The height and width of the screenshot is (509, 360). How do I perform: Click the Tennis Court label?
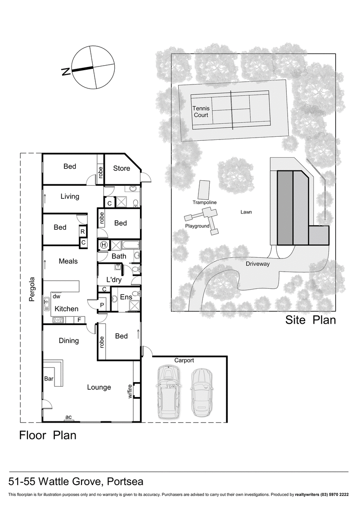pyautogui.click(x=201, y=112)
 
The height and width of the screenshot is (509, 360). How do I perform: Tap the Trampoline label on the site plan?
pyautogui.click(x=205, y=202)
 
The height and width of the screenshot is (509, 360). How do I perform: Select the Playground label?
pyautogui.click(x=197, y=226)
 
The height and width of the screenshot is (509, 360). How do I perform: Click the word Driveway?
pyautogui.click(x=257, y=264)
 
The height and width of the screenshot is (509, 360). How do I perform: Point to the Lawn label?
pyautogui.click(x=246, y=211)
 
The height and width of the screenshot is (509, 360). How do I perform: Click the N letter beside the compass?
pyautogui.click(x=66, y=71)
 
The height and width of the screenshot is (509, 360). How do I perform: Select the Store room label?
pyautogui.click(x=121, y=169)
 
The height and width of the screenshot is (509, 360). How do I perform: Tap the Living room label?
pyautogui.click(x=69, y=196)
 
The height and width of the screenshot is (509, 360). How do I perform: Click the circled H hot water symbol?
pyautogui.click(x=104, y=245)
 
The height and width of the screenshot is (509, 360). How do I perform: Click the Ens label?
pyautogui.click(x=126, y=297)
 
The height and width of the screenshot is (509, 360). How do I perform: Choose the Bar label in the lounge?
pyautogui.click(x=49, y=379)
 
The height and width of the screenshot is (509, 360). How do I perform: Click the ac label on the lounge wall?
pyautogui.click(x=68, y=417)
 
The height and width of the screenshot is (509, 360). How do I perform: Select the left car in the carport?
pyautogui.click(x=167, y=393)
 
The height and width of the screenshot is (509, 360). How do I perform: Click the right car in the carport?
pyautogui.click(x=200, y=393)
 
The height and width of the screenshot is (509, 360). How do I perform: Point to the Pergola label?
pyautogui.click(x=32, y=293)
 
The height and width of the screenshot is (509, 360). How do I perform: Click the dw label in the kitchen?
pyautogui.click(x=56, y=297)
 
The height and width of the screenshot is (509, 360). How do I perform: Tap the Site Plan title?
pyautogui.click(x=310, y=321)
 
